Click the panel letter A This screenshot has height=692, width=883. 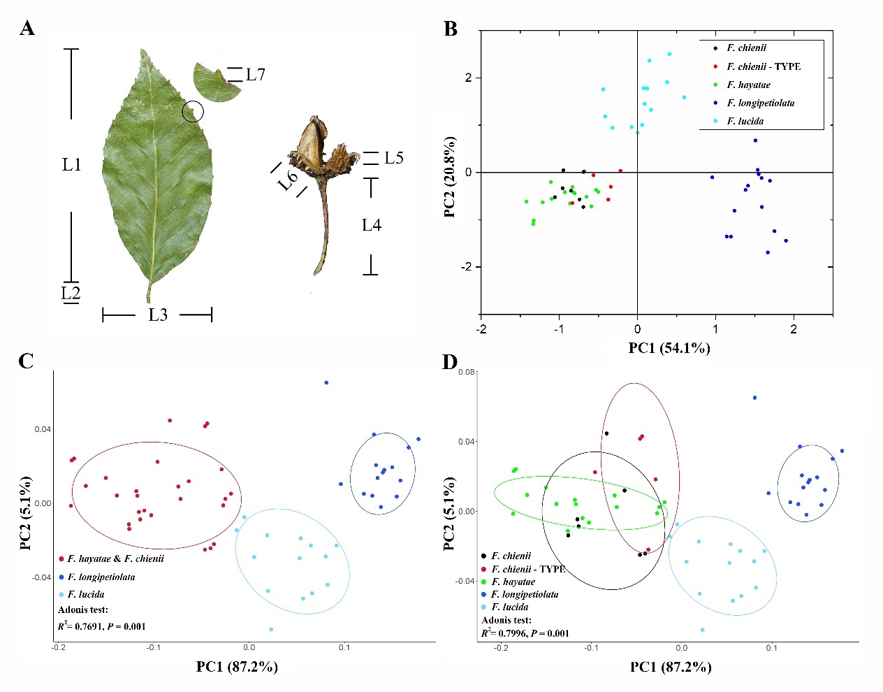click(27, 29)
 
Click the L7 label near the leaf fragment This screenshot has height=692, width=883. click(255, 74)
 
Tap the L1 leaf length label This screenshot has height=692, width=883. click(71, 164)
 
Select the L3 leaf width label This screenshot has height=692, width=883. click(158, 315)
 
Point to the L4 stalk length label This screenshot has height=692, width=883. click(371, 225)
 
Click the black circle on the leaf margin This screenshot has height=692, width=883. click(193, 111)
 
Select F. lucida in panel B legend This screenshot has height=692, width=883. click(745, 121)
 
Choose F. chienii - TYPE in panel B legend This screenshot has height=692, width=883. click(763, 66)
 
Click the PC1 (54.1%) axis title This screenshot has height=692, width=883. click(669, 347)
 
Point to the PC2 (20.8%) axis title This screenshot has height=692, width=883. click(451, 177)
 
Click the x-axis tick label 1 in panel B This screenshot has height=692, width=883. click(715, 329)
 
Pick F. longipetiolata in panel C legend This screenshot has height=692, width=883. click(101, 577)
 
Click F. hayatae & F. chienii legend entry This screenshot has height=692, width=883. click(115, 558)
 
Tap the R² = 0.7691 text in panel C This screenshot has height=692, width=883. click(101, 626)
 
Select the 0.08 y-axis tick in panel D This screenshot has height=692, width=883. click(467, 372)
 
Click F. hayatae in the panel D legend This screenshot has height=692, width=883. click(513, 582)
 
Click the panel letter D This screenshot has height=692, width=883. click(450, 361)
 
